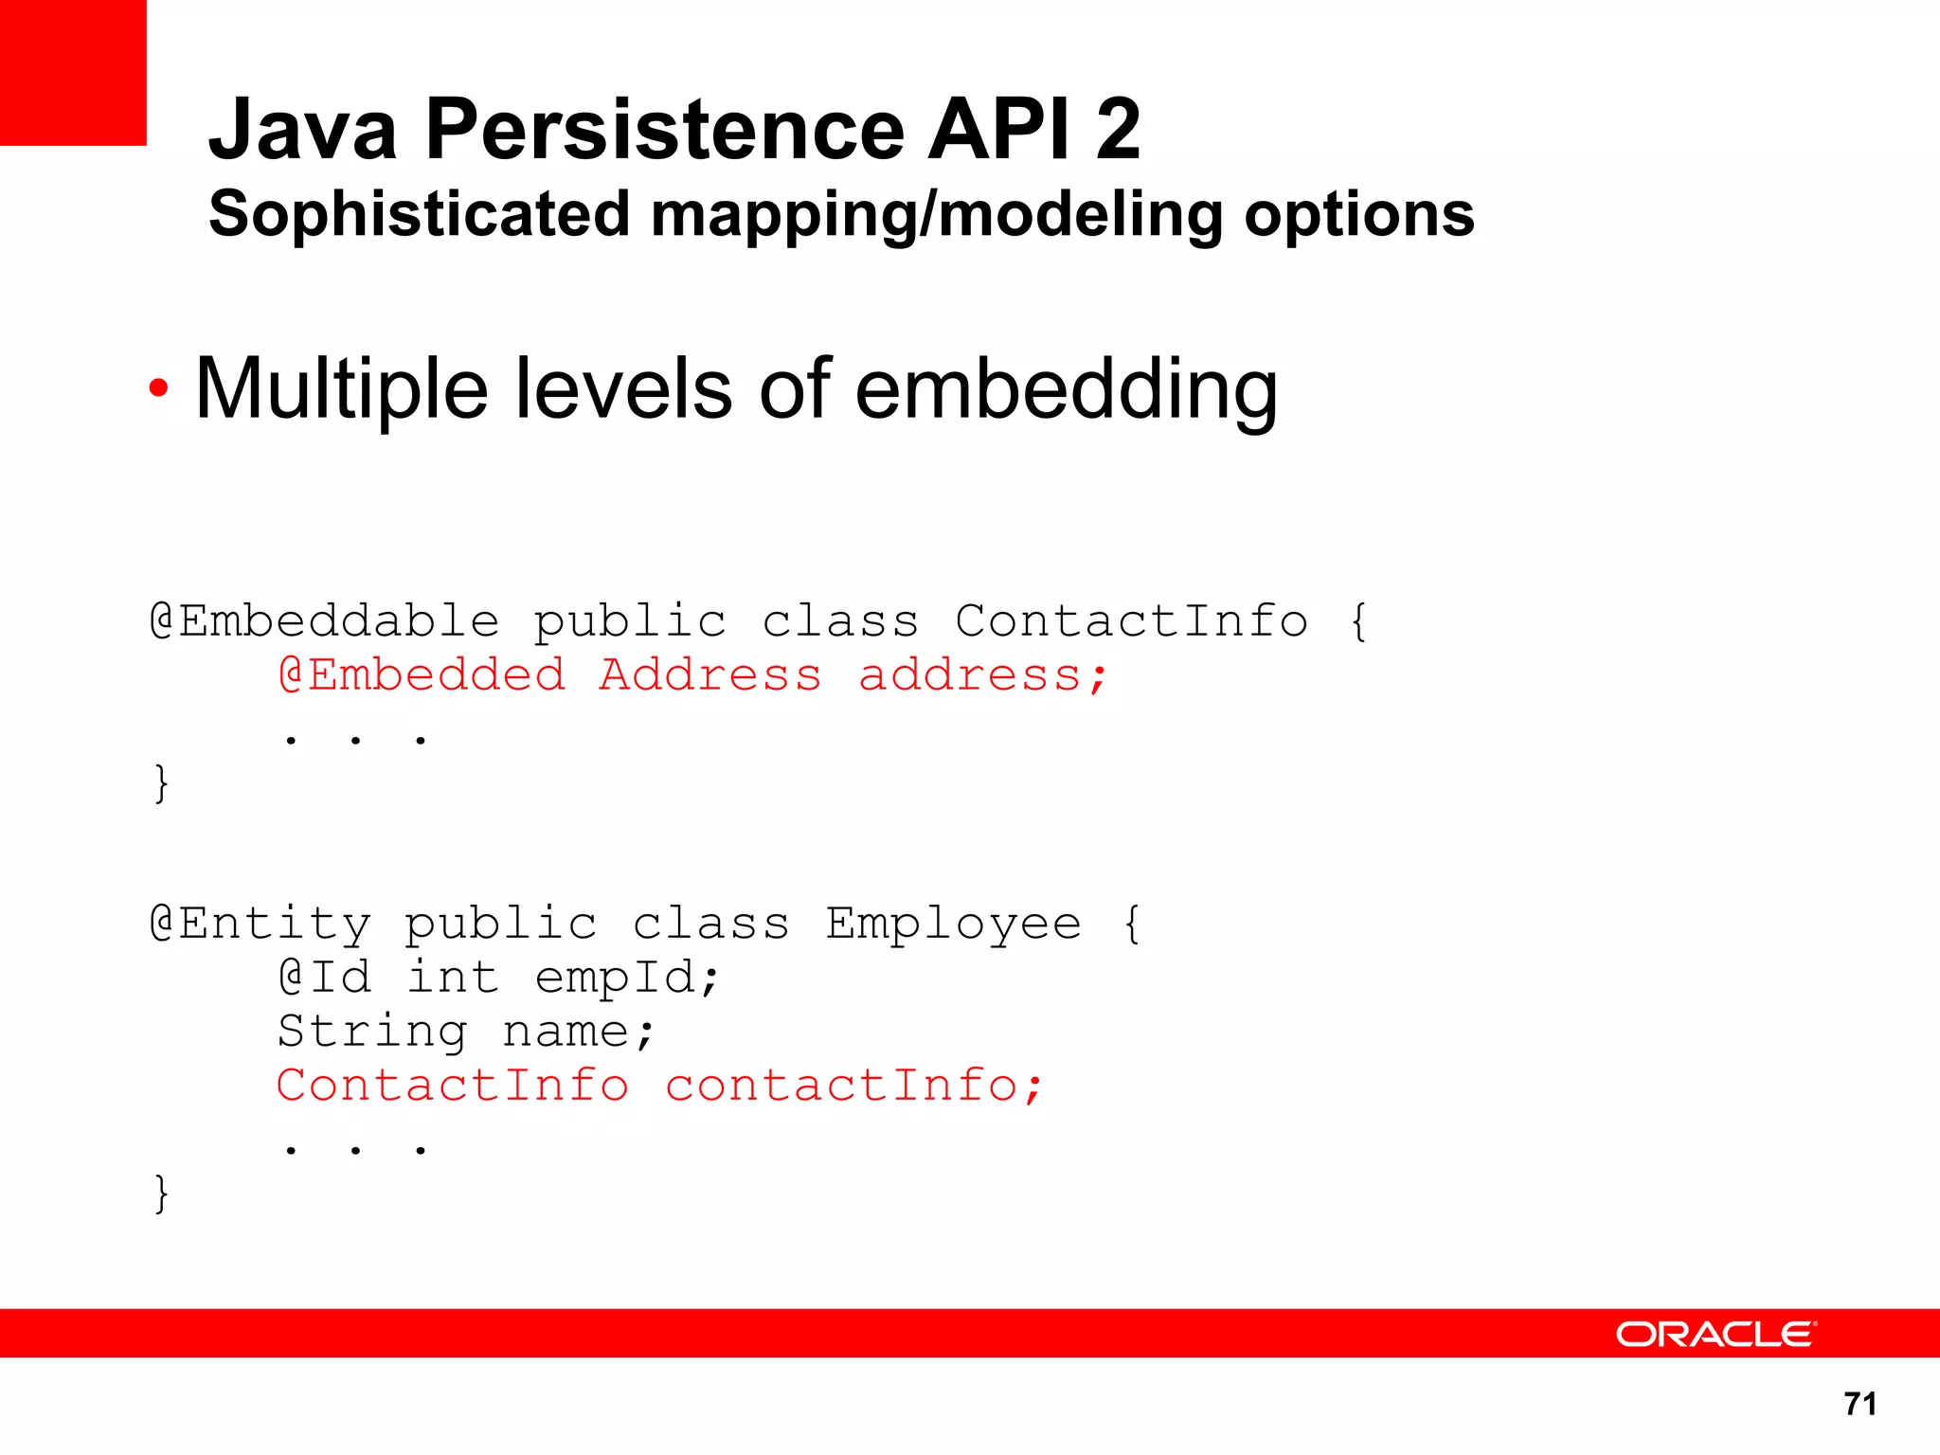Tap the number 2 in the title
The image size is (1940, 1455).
(1118, 130)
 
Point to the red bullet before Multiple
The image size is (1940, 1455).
(159, 387)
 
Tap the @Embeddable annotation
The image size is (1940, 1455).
(325, 621)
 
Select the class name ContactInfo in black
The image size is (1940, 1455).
(1131, 621)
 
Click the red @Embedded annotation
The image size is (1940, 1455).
(422, 675)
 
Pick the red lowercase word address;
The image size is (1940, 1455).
(982, 676)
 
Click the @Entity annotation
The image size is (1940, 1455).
(260, 924)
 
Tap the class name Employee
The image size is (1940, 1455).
(953, 924)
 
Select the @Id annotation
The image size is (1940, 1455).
(325, 978)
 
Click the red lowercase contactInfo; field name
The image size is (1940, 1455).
(853, 1086)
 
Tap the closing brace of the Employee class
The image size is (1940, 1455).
(162, 1193)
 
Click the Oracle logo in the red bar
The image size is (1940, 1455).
(1715, 1334)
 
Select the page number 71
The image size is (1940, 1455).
(1860, 1403)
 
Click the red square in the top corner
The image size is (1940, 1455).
(73, 72)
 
